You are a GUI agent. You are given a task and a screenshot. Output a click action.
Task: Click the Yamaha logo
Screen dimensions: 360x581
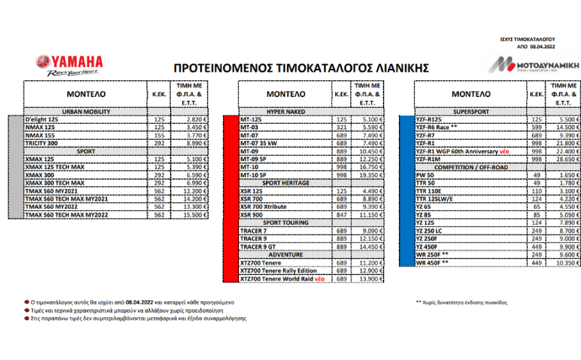[x=70, y=64]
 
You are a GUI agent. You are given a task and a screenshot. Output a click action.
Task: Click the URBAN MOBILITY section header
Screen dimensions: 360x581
[x=86, y=112]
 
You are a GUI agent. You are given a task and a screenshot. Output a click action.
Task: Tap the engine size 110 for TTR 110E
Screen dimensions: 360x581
[x=536, y=191]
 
